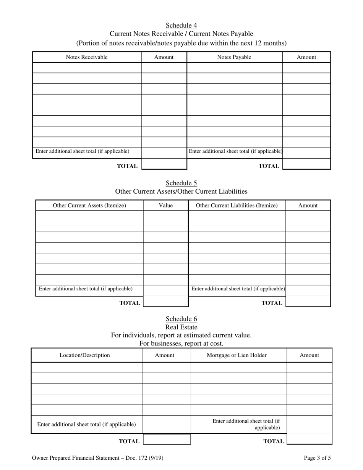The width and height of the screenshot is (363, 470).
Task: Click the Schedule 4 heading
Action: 181,26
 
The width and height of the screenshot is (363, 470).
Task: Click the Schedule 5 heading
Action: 181,183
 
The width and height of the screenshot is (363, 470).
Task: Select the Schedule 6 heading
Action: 181,319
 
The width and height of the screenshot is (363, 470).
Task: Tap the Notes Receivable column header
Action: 87,57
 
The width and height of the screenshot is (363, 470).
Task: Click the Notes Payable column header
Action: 234,57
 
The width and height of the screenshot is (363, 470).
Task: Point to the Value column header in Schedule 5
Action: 165,206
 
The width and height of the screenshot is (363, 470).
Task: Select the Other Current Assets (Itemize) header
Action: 89,206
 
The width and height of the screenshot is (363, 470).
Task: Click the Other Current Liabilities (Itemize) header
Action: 237,206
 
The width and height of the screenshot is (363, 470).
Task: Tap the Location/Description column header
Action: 84,355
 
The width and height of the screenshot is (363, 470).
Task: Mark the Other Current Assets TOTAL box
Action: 165,301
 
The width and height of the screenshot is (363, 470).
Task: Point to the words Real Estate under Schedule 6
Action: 181,327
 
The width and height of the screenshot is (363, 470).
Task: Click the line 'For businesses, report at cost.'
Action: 181,343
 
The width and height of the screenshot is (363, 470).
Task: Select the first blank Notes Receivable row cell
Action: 87,68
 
